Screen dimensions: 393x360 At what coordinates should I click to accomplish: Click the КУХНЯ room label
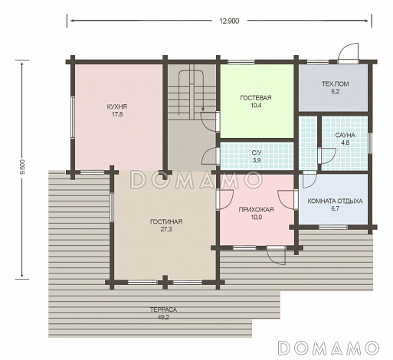coord(117,106)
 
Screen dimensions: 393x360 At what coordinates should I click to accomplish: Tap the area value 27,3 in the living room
coord(166,229)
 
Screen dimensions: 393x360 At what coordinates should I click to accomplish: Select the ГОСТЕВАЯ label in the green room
coord(256,98)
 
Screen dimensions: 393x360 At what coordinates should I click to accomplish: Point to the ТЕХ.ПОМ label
coord(336,84)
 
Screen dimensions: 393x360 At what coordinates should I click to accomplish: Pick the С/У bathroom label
coord(257,152)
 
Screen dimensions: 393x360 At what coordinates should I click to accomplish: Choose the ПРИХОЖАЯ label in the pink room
coord(256,210)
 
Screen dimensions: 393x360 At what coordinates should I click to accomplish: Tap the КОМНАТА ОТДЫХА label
coord(335,201)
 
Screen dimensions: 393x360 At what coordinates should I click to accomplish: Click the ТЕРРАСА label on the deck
coord(163,309)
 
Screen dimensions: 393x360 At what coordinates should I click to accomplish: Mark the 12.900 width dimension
coord(230,21)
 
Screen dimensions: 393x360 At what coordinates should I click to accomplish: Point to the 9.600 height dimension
coord(22,167)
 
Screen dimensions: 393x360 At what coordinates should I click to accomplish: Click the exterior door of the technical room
coord(348,53)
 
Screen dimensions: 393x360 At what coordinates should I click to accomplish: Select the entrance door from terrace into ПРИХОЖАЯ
coord(276,255)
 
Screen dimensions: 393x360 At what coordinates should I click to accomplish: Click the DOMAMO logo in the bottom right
coord(329,348)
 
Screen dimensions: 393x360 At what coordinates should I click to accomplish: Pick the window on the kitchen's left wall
coord(73,117)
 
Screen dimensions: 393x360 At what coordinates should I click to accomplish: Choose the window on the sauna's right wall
coord(370,142)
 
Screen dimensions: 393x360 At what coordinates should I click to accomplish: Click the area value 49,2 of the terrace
coord(163,317)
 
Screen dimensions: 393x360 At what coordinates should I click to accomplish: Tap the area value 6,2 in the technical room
coord(336,92)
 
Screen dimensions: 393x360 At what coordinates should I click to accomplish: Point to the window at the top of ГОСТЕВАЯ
coord(241,61)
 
